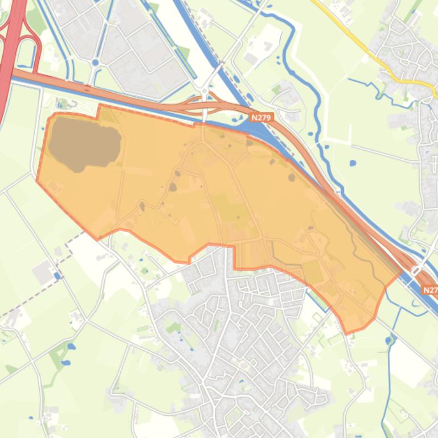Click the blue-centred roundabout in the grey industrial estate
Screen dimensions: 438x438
click(x=95, y=63)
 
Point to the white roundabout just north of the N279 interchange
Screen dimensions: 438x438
click(x=204, y=90)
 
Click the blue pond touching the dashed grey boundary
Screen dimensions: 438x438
click(x=57, y=276)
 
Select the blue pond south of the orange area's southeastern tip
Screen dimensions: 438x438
click(x=390, y=340)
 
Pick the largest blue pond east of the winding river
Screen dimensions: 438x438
click(x=353, y=163)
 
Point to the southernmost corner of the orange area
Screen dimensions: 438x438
click(x=347, y=332)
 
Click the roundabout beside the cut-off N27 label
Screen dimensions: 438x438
click(x=416, y=272)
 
